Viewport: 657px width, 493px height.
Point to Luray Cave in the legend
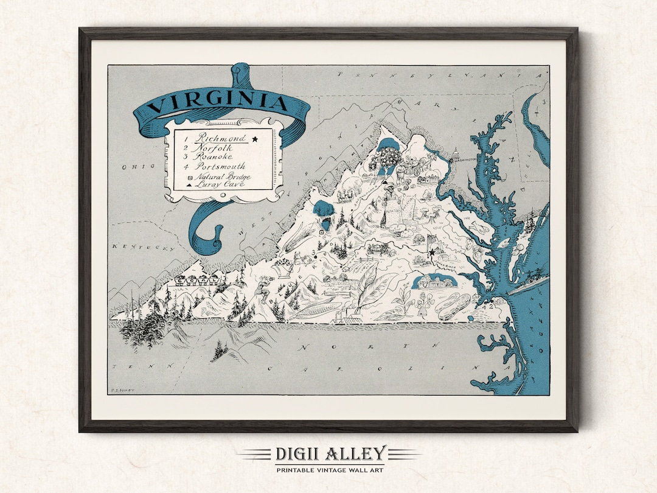click(217, 183)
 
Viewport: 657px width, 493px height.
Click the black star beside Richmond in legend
click(255, 139)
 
